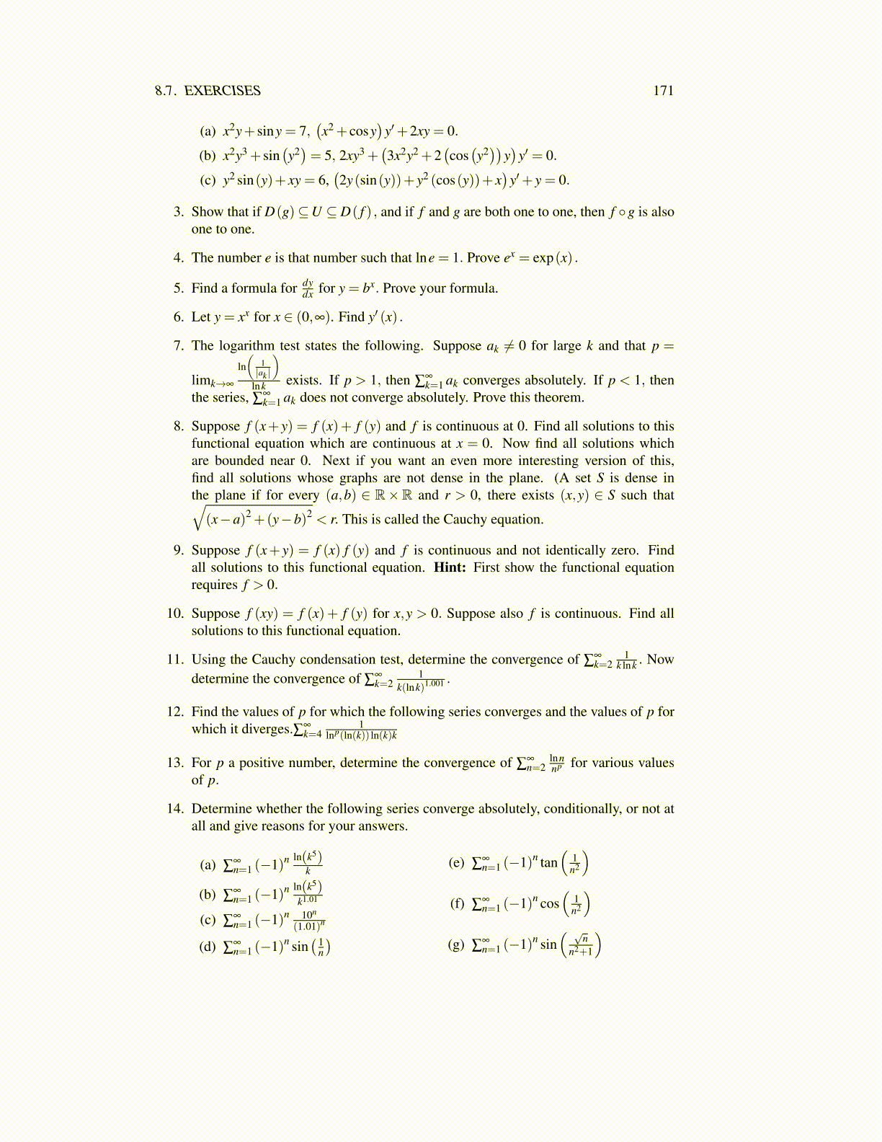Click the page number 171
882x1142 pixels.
[x=663, y=91]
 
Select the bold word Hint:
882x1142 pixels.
[x=450, y=567]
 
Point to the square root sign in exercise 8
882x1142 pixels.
[x=198, y=519]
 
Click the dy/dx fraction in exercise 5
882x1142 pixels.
[x=308, y=288]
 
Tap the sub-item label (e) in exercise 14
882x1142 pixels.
[x=456, y=863]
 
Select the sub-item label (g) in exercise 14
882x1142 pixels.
[x=456, y=944]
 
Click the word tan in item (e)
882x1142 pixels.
[x=548, y=863]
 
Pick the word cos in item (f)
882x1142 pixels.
[x=549, y=903]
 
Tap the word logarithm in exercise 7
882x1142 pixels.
[x=249, y=346]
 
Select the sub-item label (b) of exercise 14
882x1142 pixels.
[x=208, y=895]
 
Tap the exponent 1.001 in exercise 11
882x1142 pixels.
[x=435, y=683]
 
